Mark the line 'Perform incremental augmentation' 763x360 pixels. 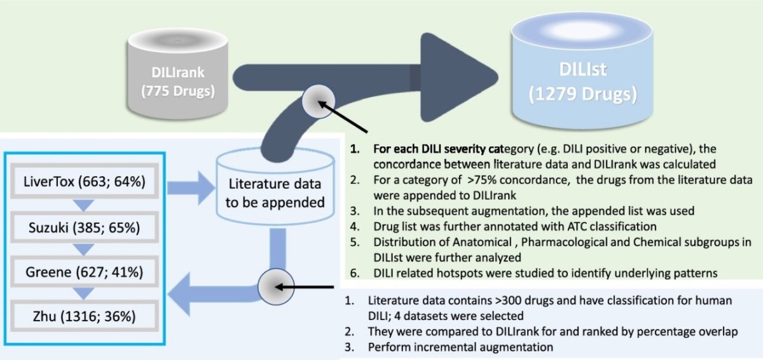(461, 347)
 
